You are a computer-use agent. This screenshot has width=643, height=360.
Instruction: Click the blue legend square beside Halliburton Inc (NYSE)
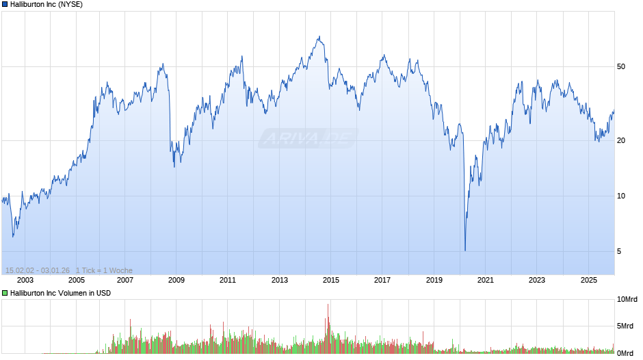point(5,4)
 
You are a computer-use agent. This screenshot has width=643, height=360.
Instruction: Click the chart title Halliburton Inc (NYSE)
point(47,4)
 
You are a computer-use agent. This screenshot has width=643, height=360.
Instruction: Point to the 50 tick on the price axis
point(621,66)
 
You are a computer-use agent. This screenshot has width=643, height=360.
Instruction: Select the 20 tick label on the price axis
point(621,141)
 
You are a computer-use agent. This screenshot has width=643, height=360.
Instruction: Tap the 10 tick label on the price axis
point(621,196)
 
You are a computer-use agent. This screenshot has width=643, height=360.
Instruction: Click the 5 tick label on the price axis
point(619,252)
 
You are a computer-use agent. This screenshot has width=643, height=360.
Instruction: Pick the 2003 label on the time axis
point(25,280)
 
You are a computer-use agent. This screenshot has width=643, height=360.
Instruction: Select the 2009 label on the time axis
point(176,280)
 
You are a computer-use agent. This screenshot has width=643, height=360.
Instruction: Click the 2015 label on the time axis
point(331,280)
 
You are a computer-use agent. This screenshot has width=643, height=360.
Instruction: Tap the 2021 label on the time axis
point(485,280)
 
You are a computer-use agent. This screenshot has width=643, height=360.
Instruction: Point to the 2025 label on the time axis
point(588,280)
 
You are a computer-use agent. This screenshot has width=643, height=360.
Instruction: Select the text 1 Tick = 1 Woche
point(104,270)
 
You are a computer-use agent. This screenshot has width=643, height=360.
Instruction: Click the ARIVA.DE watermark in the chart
point(308,139)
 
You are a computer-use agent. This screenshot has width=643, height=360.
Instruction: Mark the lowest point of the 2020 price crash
point(465,250)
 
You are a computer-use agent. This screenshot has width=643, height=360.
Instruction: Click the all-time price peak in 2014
point(319,37)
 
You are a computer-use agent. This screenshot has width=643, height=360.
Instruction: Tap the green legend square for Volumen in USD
point(5,293)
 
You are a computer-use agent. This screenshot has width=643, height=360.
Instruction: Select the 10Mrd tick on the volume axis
point(627,300)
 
